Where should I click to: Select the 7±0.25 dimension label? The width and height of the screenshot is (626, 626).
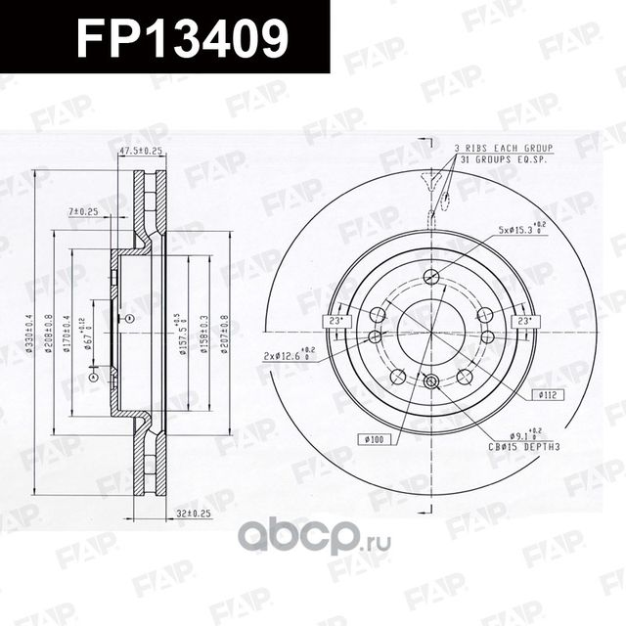coord(83,211)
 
